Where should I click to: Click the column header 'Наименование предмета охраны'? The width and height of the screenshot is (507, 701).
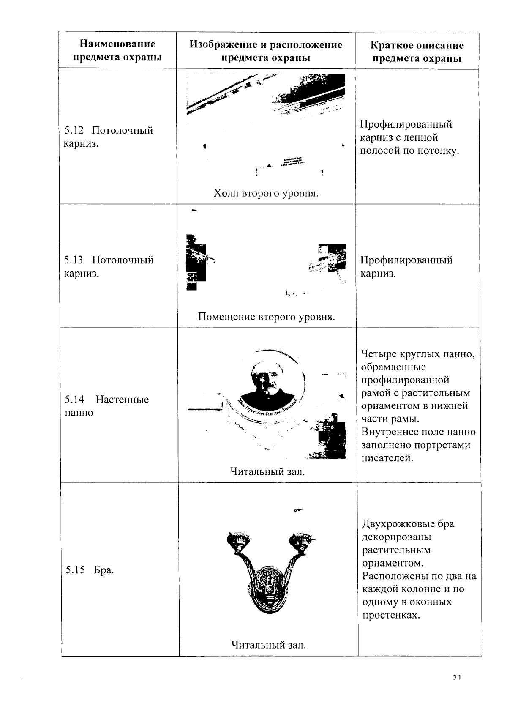(x=117, y=50)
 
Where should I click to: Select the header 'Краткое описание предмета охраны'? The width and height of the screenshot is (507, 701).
(x=417, y=52)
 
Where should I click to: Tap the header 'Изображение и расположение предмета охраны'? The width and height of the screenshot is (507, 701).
(x=266, y=51)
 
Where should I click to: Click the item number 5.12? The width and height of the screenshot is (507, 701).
(x=74, y=130)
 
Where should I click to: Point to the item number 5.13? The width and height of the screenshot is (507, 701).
(x=74, y=260)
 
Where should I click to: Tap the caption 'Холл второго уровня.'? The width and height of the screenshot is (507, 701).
(x=266, y=194)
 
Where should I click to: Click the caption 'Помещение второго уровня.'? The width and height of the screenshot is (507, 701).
(x=266, y=317)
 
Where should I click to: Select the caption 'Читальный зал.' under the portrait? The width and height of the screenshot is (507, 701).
(x=267, y=471)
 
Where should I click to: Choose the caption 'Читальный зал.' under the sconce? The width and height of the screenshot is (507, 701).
(x=268, y=645)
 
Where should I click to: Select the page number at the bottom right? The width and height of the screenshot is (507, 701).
(x=456, y=677)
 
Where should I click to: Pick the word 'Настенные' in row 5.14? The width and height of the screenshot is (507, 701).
(x=122, y=400)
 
